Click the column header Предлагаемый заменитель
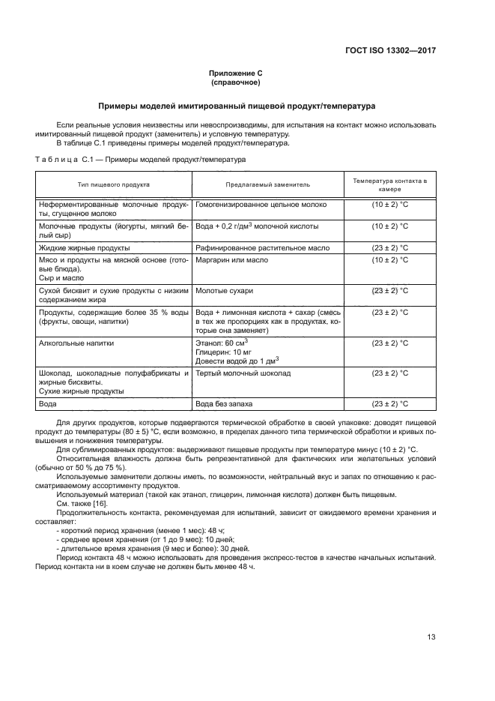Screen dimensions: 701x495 point(267,184)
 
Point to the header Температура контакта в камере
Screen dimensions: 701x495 point(390,184)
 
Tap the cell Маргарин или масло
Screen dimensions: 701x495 point(231,259)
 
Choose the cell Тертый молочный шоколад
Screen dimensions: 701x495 point(243,373)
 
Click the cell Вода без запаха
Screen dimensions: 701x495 point(224,403)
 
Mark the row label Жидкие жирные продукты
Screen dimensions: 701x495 point(84,247)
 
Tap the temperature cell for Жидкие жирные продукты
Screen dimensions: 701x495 point(390,247)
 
